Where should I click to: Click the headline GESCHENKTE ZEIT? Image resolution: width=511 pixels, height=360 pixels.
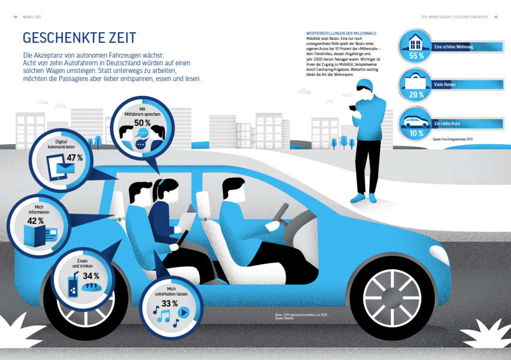pos(79,38)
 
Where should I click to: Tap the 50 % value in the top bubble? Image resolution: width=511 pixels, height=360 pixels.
pos(142,122)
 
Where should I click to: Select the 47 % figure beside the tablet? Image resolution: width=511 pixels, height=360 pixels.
pos(74,158)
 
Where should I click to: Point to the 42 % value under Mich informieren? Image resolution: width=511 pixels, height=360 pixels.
pos(35,220)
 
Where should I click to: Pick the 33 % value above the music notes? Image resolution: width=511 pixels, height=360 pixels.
pos(170,304)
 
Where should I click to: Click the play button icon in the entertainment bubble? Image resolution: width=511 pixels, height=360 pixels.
pos(183,313)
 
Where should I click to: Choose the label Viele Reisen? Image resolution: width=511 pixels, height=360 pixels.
pos(445,85)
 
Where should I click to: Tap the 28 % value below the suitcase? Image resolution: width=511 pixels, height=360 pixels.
pos(416,94)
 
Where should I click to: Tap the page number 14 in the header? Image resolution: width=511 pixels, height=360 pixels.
pos(16,17)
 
